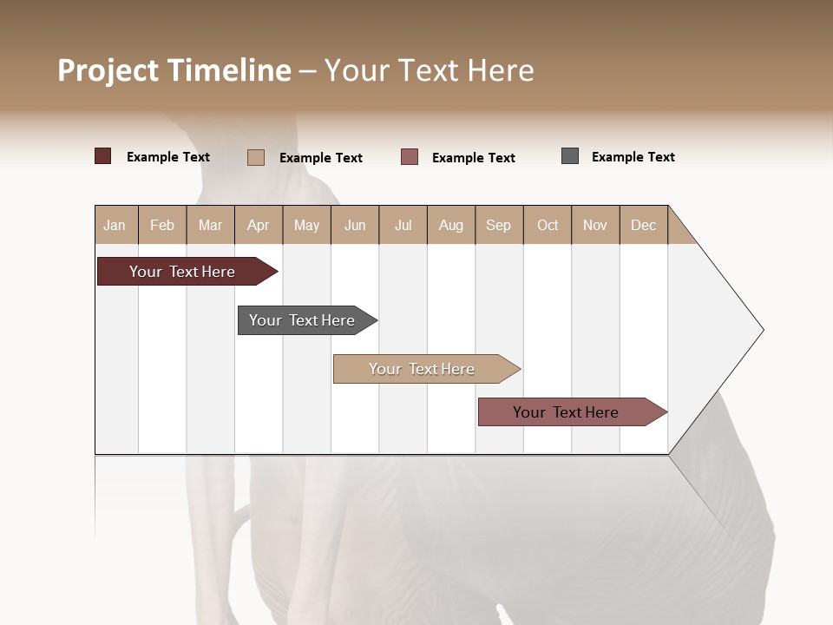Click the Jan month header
tap(115, 225)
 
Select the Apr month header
tap(259, 225)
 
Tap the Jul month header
tap(403, 225)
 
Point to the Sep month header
tap(498, 225)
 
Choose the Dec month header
tap(643, 225)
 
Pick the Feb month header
tap(162, 225)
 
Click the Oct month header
tap(548, 225)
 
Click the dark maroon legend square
tap(102, 156)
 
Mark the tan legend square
tap(256, 157)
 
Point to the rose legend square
tap(410, 157)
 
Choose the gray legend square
tap(570, 156)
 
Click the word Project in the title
tap(108, 70)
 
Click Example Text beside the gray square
tap(633, 157)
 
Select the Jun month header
tap(355, 225)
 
